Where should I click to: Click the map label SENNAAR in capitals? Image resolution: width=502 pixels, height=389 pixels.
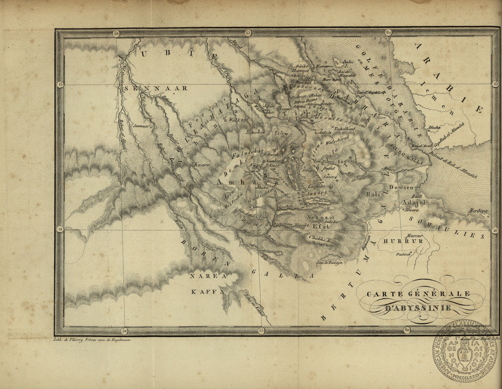point(156,88)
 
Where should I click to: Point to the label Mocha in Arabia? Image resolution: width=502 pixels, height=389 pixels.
point(434,128)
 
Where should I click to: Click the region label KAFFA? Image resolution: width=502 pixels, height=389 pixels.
point(208,292)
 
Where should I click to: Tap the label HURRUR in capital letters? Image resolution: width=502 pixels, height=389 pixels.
point(403,241)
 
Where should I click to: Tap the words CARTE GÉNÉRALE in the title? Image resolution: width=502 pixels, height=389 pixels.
point(418,294)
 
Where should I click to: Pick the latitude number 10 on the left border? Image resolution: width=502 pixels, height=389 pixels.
point(60,229)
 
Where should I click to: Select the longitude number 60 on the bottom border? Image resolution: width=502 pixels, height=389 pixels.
point(407,330)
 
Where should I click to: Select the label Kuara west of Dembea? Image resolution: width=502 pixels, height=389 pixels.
point(202,165)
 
